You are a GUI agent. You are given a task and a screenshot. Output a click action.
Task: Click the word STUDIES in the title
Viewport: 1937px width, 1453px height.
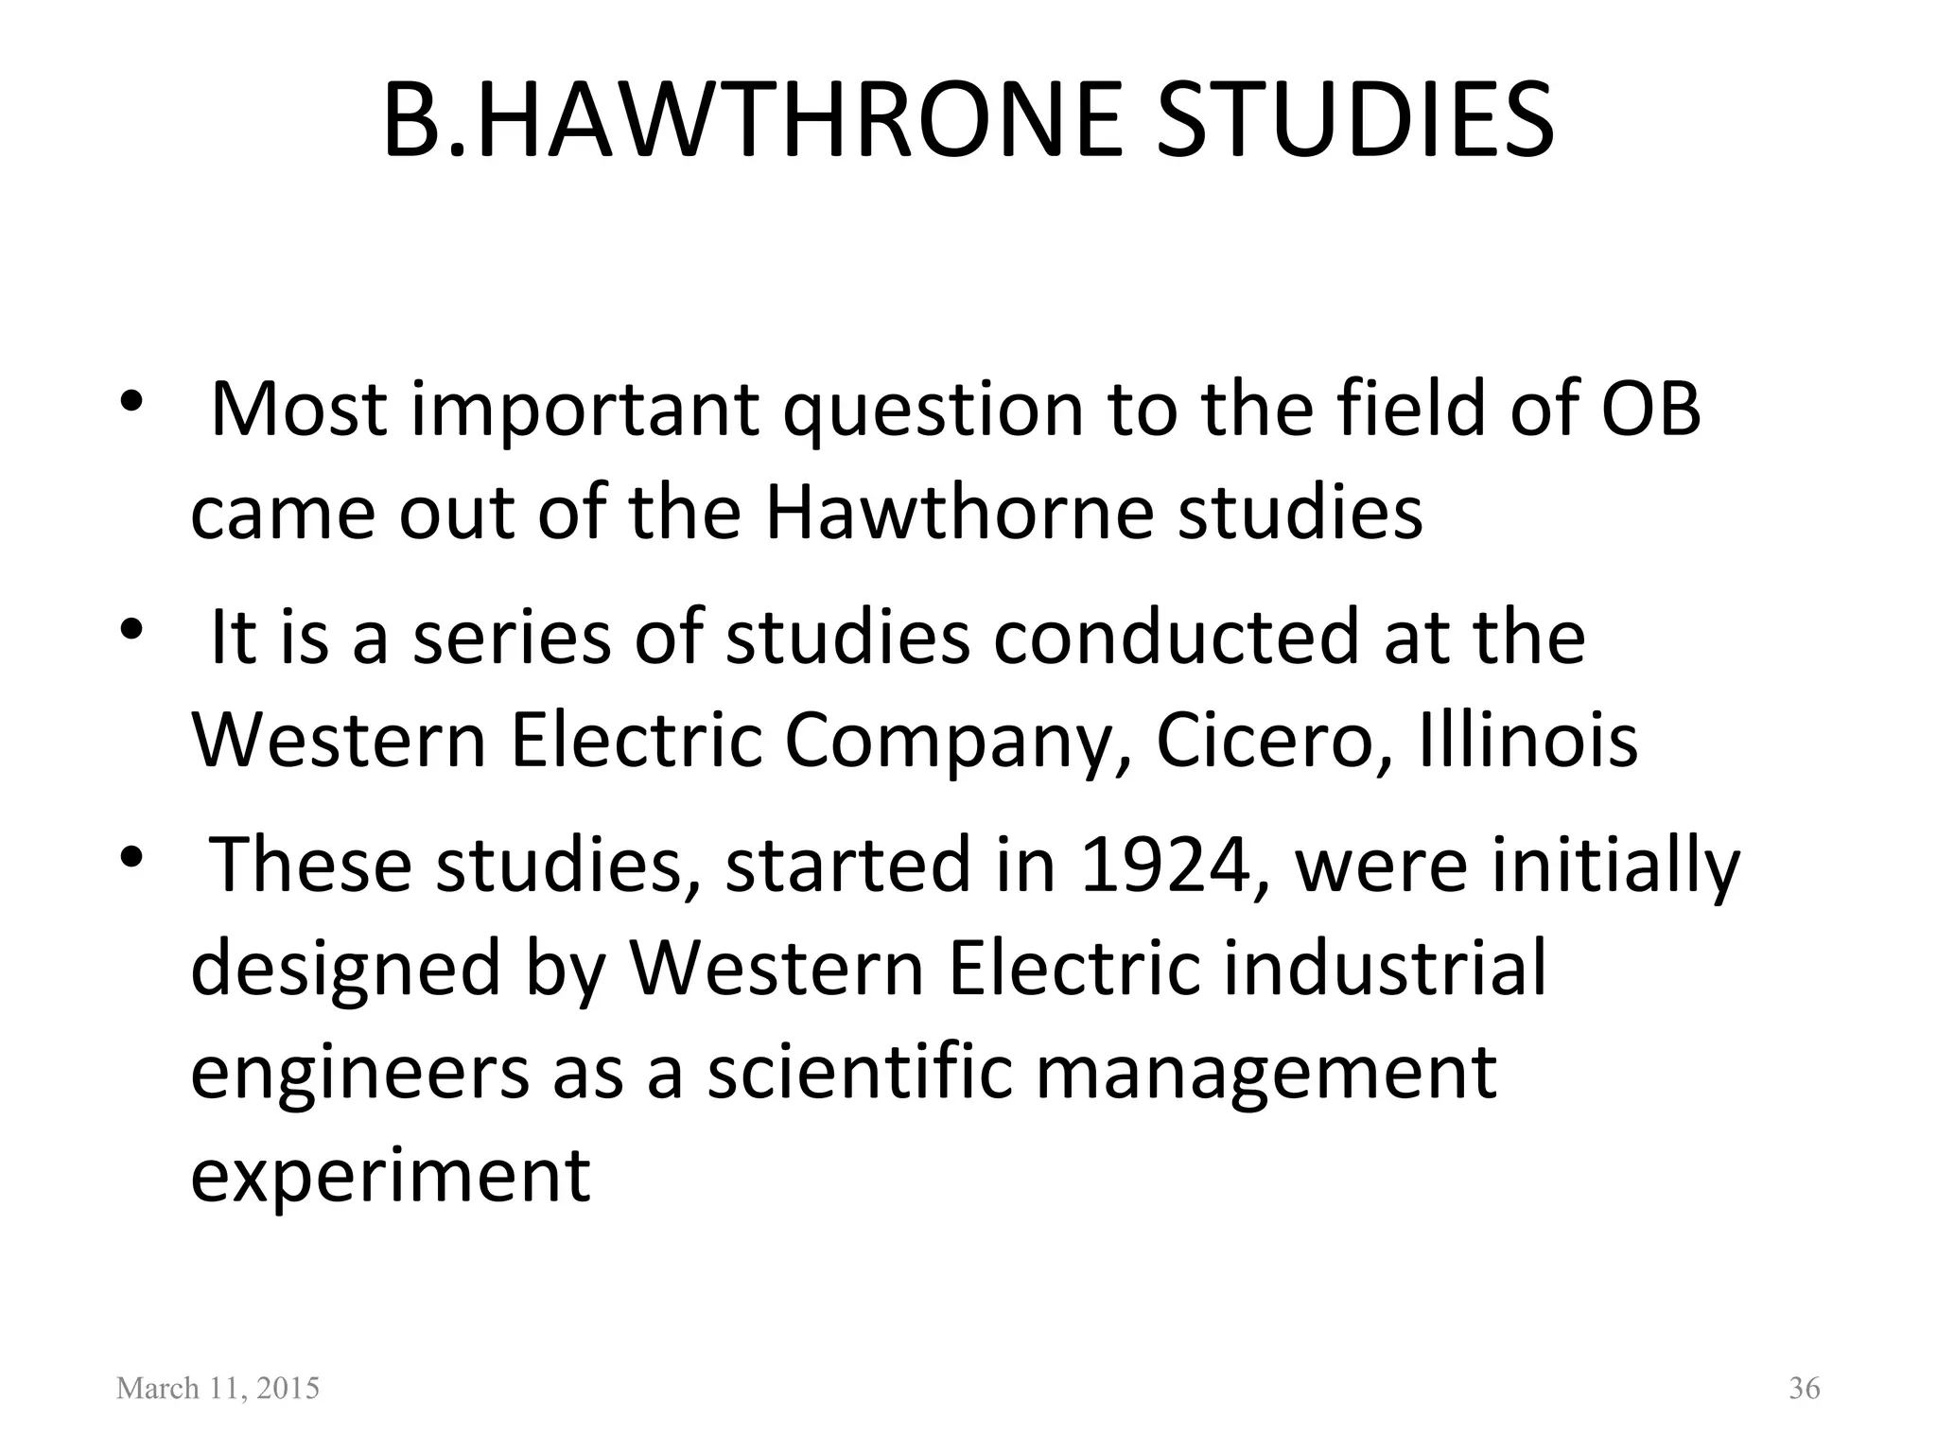pyautogui.click(x=1354, y=121)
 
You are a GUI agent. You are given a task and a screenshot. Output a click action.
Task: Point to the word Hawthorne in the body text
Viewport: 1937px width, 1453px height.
pyautogui.click(x=958, y=513)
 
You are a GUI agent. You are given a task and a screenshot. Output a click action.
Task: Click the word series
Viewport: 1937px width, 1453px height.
pyautogui.click(x=511, y=637)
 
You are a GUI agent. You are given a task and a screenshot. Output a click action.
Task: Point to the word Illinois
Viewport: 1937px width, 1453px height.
pyautogui.click(x=1528, y=741)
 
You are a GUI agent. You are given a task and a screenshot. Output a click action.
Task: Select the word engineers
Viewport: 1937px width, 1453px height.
pyautogui.click(x=360, y=1075)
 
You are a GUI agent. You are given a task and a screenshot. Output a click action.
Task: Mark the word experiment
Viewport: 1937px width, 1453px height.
pyautogui.click(x=391, y=1178)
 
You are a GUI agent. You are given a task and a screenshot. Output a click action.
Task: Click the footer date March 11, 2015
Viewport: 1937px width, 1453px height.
pyautogui.click(x=218, y=1389)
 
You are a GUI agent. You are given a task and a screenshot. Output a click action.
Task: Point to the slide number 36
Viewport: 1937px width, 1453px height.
pyautogui.click(x=1804, y=1389)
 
